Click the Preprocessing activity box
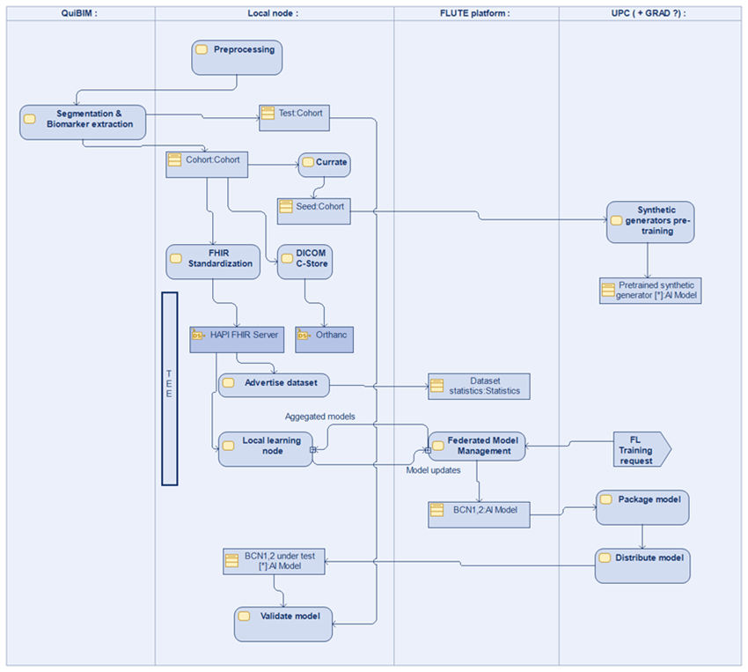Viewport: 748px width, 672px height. (x=236, y=56)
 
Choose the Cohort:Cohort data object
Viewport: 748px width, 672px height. (x=208, y=165)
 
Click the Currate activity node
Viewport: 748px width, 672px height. (x=324, y=165)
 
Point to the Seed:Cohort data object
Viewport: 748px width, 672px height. (x=312, y=210)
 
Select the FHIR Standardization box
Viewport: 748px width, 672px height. (x=212, y=262)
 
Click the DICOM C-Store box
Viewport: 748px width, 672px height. (x=304, y=262)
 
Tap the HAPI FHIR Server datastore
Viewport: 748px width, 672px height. (x=236, y=339)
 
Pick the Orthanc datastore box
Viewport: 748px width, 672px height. (x=324, y=339)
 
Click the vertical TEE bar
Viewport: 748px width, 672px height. (x=170, y=388)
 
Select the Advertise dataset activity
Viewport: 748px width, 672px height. (x=274, y=385)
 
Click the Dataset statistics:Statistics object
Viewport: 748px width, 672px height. (x=479, y=387)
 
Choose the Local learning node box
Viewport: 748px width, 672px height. (x=264, y=448)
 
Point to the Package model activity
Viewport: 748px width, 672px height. (x=642, y=506)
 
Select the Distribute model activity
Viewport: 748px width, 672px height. (x=642, y=565)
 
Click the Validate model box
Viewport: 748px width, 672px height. (x=283, y=623)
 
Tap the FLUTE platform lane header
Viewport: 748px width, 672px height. (x=475, y=13)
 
